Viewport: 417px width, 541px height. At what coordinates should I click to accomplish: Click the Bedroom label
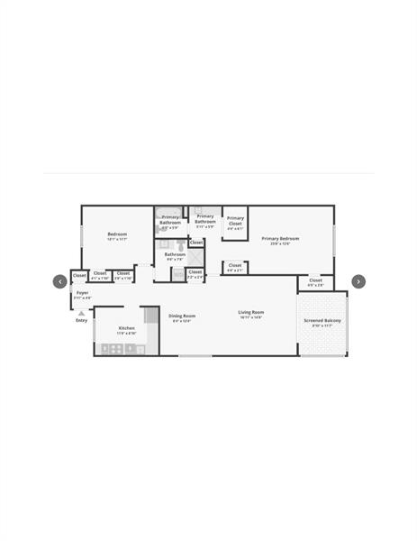(x=117, y=234)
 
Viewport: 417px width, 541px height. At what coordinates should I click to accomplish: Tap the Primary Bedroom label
(x=280, y=239)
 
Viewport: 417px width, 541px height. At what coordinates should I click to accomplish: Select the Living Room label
(x=250, y=313)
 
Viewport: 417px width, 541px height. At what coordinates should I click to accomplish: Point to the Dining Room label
(x=182, y=316)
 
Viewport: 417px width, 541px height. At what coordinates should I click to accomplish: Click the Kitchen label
(x=126, y=327)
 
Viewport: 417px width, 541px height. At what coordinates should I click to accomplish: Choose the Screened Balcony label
(x=322, y=321)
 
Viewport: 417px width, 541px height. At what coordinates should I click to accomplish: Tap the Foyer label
(x=82, y=293)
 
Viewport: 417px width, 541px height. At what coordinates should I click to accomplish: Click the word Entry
(x=81, y=320)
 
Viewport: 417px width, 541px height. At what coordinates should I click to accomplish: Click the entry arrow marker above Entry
(x=81, y=313)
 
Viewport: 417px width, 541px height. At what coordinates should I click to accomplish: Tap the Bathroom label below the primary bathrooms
(x=175, y=254)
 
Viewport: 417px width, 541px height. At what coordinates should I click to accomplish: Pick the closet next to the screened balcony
(x=315, y=280)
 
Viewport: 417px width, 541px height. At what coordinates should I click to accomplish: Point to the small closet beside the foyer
(x=79, y=275)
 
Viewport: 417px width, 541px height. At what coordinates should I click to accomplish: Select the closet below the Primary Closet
(x=234, y=266)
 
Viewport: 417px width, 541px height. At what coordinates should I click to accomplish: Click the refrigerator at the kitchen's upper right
(x=150, y=315)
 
